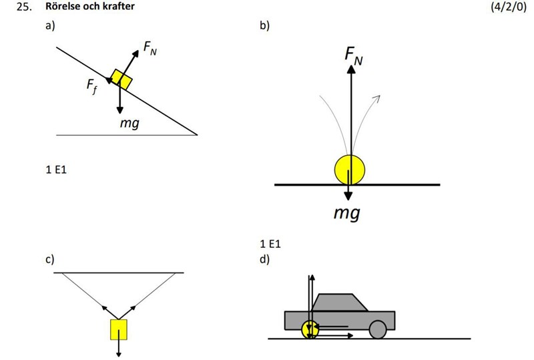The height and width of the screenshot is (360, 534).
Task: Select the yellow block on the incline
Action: coord(121,78)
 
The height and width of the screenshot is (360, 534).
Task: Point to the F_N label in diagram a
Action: coord(150,49)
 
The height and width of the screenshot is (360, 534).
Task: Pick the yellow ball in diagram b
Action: coord(349,169)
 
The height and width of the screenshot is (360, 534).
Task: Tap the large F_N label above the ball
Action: coord(354,57)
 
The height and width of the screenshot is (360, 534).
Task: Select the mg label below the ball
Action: coord(347,214)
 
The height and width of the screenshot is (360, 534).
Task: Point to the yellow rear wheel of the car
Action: coord(310,329)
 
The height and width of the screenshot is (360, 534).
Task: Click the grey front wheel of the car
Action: coord(378,329)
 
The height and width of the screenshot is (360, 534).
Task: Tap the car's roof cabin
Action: coord(340,303)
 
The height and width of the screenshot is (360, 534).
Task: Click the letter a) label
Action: coord(49,27)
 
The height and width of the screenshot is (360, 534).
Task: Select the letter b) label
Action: coord(264,27)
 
